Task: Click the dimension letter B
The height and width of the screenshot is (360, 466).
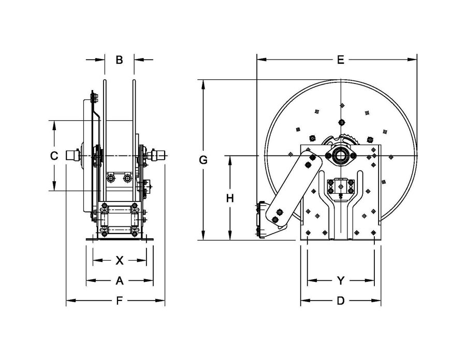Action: (119, 60)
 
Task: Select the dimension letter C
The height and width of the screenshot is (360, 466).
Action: (53, 155)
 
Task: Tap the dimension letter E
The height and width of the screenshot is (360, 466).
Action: (340, 60)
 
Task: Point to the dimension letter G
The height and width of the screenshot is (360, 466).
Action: (203, 160)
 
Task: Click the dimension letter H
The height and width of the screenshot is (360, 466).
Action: (230, 198)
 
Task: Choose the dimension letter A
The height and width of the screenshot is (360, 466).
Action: (119, 281)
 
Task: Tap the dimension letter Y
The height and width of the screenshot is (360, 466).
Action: (340, 281)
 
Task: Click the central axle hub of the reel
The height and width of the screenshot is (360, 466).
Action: (341, 156)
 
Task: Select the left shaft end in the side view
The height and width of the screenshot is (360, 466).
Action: (72, 155)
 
